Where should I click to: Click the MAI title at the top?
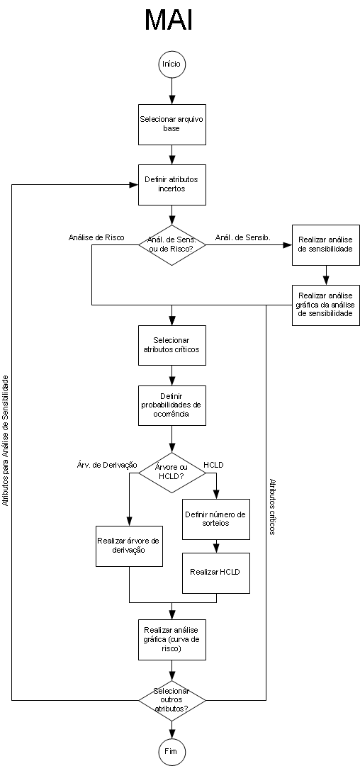pos(169,21)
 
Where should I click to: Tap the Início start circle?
pos(172,64)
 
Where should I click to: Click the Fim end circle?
pos(172,751)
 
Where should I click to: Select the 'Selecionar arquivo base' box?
pos(172,125)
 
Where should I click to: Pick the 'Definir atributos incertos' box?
pos(172,184)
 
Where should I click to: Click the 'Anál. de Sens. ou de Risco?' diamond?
pos(172,244)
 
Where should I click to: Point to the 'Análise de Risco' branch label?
pos(96,238)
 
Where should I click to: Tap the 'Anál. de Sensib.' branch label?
pos(243,238)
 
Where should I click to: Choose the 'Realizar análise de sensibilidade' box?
pos(326,244)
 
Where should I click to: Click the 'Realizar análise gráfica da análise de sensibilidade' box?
pos(326,305)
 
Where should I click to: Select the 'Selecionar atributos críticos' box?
pos(172,345)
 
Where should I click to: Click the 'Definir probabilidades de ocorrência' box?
pos(172,405)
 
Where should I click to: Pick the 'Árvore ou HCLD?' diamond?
pos(172,472)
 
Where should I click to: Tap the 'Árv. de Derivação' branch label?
pos(107,465)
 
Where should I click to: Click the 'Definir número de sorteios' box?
pos(216,519)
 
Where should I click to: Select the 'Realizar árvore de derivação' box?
pos(129,546)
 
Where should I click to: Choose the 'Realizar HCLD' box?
pos(216,573)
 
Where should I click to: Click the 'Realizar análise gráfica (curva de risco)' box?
pos(172,640)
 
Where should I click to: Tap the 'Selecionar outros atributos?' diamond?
pos(172,700)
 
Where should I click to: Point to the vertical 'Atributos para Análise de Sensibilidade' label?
pos(6,441)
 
